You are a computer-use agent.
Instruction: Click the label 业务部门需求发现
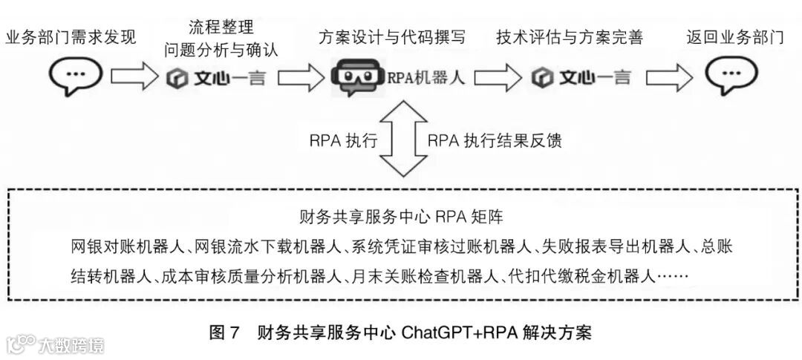[71, 37]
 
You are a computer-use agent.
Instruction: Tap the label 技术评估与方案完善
[570, 37]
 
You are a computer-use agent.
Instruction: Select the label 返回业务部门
[734, 37]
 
